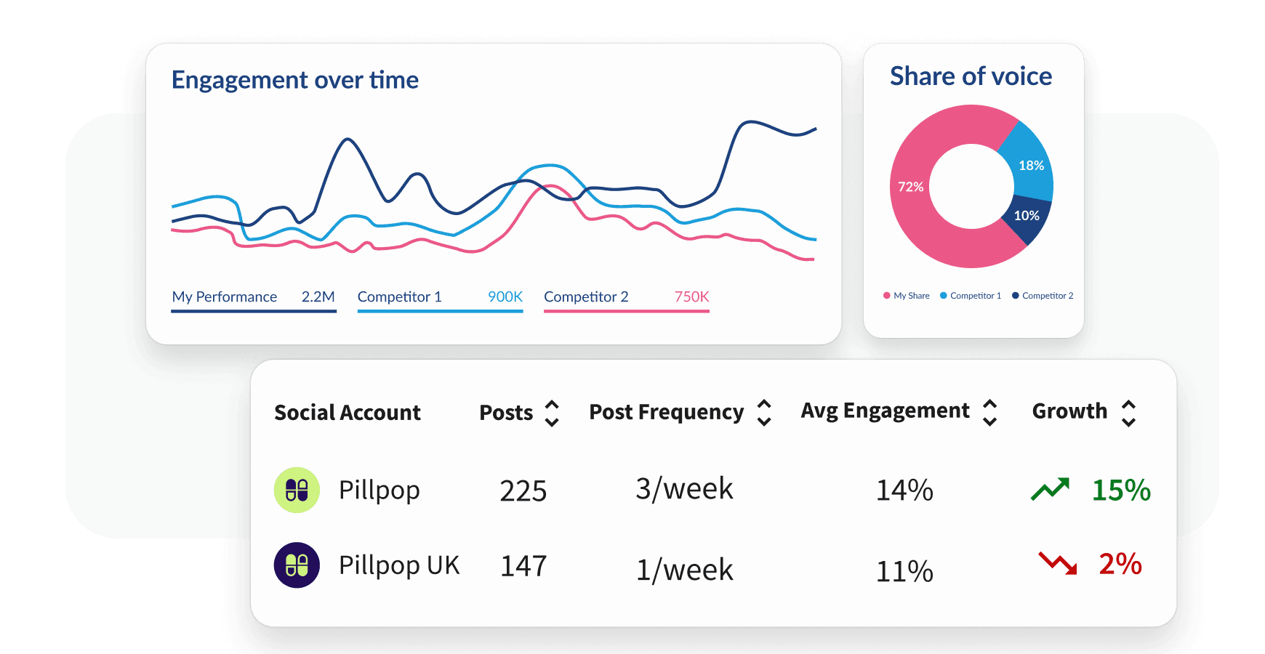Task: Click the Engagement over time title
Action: pos(294,80)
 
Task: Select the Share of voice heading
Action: pos(971,76)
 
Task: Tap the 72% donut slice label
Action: pos(910,187)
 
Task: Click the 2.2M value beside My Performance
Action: pos(318,296)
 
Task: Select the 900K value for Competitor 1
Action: pos(505,296)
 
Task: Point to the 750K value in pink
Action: pos(691,296)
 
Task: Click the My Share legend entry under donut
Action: pos(907,296)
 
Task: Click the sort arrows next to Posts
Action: pos(552,413)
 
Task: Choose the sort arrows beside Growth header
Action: pos(1128,413)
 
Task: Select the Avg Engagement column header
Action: pos(885,411)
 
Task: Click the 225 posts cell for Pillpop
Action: pos(523,491)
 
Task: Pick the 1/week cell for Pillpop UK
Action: pos(684,570)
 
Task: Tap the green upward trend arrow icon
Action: pos(1050,489)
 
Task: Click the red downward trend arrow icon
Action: pos(1058,563)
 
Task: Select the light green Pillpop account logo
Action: pos(297,490)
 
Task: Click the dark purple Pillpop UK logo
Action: pos(297,565)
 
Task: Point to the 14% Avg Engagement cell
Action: pos(904,490)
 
